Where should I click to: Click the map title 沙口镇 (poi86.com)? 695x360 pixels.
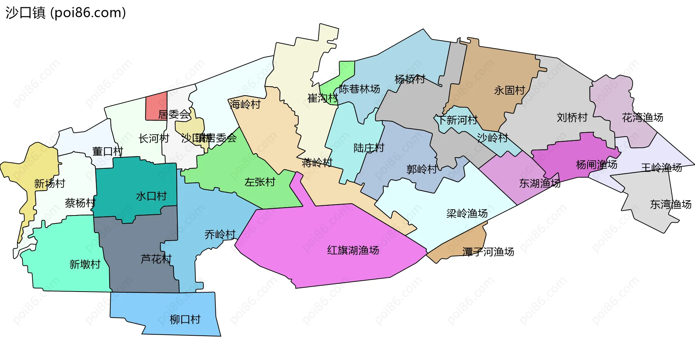coord(66,13)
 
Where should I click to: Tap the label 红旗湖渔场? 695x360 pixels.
coord(353,250)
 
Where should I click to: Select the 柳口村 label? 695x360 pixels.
coord(185,319)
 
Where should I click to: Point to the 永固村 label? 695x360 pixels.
coord(509,90)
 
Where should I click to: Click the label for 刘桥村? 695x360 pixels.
coord(572,117)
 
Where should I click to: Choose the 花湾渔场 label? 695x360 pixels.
coord(643,117)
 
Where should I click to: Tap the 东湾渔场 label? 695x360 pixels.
coord(670,205)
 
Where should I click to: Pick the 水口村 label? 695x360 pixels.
coord(151,196)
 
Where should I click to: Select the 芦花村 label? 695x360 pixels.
coord(156,259)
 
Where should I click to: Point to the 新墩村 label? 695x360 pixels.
coord(85,264)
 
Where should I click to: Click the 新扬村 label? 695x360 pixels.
coord(50,184)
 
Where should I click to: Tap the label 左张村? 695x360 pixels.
coord(260,182)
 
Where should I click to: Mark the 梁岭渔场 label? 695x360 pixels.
coord(467,213)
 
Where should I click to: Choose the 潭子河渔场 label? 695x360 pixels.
coord(488,252)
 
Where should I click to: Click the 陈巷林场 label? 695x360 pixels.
coord(359,89)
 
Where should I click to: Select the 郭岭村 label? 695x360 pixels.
coord(422,169)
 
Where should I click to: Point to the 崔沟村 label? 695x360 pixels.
coord(323,98)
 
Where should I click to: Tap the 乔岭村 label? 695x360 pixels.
coord(220,235)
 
